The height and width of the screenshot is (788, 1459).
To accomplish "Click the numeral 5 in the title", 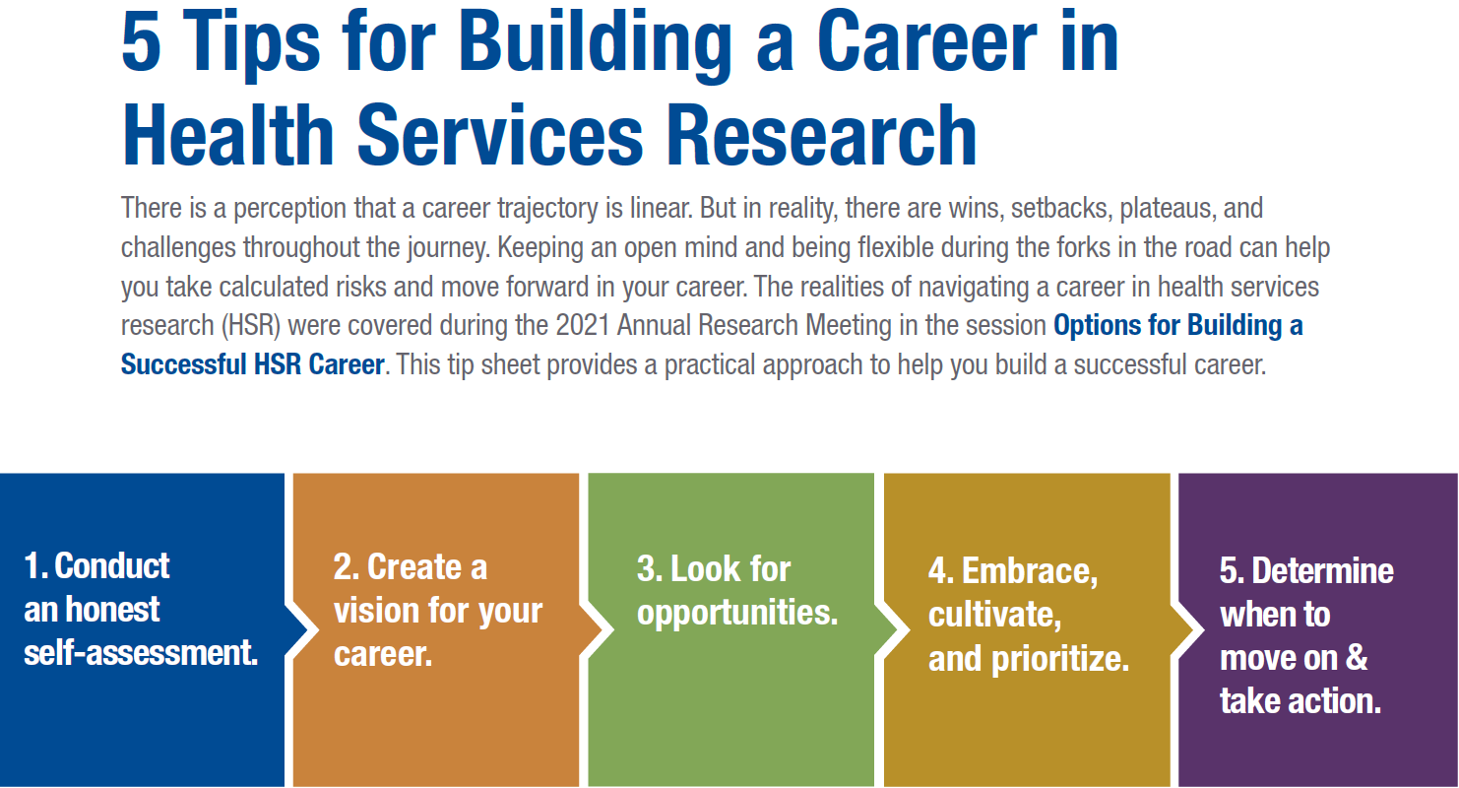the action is coord(141,42).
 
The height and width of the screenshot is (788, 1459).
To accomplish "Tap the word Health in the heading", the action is coord(228,135).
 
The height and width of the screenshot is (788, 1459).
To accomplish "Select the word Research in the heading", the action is coord(821,136).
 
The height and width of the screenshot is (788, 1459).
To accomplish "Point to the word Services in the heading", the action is coord(499,136).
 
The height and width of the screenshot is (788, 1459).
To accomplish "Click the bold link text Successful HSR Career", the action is coord(253,364).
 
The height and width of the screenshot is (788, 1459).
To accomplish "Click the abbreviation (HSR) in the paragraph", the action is coord(251,326).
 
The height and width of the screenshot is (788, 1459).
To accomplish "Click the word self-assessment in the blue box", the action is coord(140,653).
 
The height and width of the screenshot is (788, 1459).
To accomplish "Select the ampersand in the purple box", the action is coord(1356,657).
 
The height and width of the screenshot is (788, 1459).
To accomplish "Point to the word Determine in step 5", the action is coord(1323,571).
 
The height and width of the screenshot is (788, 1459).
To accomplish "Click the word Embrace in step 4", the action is coord(1028,571).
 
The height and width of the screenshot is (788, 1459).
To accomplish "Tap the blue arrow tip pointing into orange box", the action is coord(307,629).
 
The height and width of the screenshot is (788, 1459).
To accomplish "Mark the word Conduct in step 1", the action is coord(112,565).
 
